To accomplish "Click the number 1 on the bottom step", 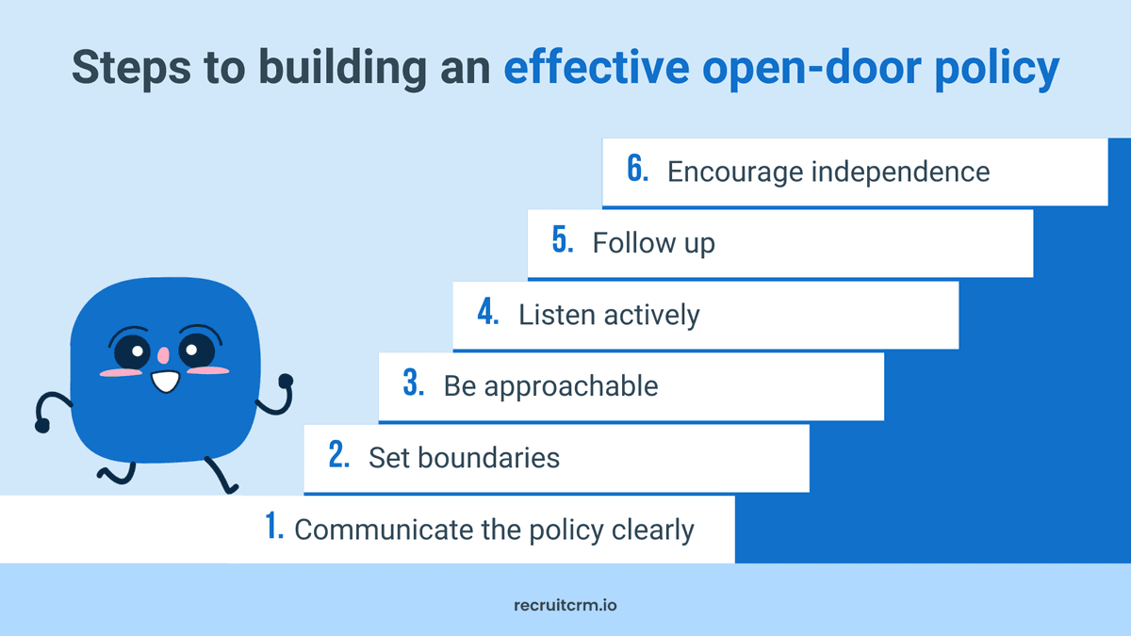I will point(274,527).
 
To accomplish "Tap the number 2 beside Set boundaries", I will point(339,456).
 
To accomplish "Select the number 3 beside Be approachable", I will point(414,383).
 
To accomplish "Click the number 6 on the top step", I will point(637,170).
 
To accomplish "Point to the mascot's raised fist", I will point(286,381).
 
